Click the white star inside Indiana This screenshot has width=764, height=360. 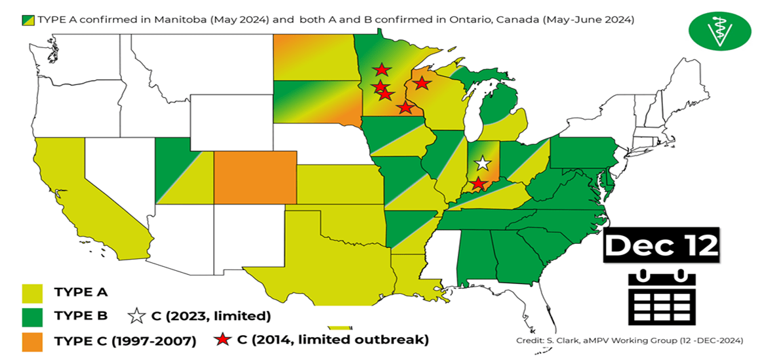tap(483, 163)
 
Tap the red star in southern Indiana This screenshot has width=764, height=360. tap(479, 184)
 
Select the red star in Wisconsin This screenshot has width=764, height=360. tap(422, 83)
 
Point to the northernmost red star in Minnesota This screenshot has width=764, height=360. tap(380, 70)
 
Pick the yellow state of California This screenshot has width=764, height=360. tap(72, 190)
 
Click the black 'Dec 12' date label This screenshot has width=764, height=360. tap(661, 246)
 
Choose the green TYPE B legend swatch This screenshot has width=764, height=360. tap(33, 316)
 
